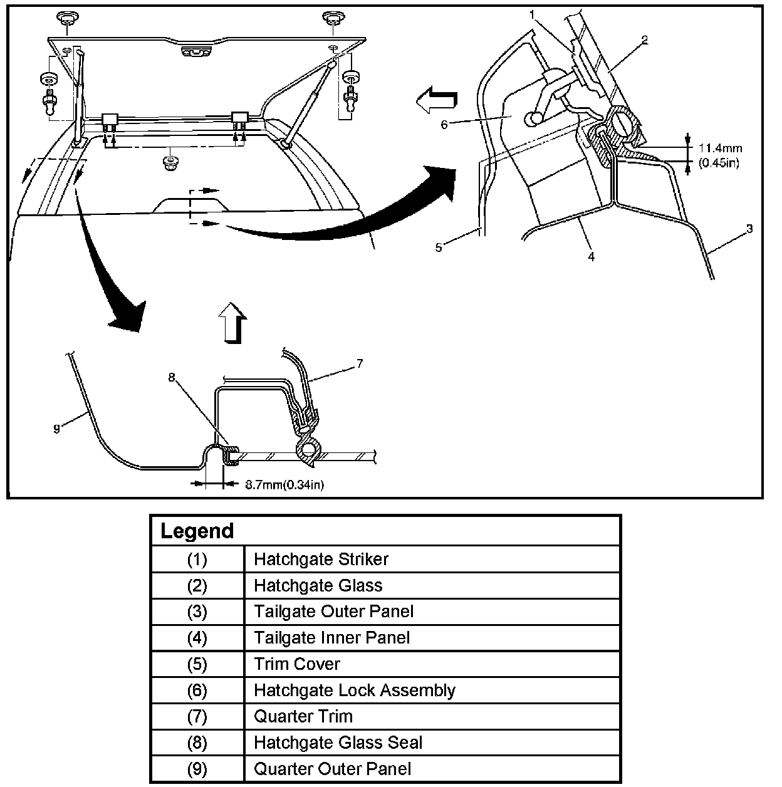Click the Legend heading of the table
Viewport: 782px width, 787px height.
click(197, 531)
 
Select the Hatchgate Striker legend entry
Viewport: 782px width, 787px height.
click(321, 559)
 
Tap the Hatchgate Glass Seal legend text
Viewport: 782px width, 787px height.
click(338, 743)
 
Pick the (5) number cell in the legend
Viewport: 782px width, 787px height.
click(197, 664)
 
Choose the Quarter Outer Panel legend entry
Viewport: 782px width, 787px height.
click(332, 769)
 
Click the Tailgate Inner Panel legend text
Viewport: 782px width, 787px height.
click(331, 638)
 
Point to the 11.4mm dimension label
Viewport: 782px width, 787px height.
click(720, 149)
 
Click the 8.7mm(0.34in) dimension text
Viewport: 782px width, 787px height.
click(284, 484)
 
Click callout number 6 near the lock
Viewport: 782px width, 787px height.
click(444, 124)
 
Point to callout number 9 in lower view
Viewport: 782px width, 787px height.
click(56, 429)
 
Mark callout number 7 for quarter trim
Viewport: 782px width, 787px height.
click(359, 363)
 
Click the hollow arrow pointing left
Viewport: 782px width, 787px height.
click(436, 100)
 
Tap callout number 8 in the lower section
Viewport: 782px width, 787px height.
click(172, 377)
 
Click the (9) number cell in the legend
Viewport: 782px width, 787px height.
click(197, 769)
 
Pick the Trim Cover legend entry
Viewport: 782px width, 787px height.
click(297, 664)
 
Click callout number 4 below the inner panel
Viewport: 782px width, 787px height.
click(591, 256)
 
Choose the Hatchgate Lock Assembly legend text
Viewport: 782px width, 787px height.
click(354, 691)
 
